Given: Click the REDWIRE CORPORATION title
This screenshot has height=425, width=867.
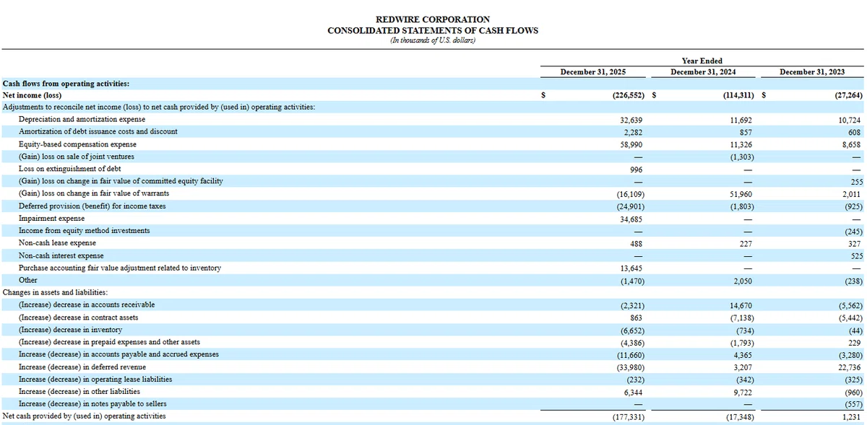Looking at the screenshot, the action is [x=433, y=19].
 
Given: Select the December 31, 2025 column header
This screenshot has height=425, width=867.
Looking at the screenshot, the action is [x=593, y=72].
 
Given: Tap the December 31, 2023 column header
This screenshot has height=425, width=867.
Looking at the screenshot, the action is [x=812, y=72].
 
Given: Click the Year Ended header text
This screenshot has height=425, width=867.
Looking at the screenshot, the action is [x=702, y=61].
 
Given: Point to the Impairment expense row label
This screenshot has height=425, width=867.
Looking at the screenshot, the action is [x=51, y=219].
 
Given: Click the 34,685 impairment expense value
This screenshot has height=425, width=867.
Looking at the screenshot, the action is [x=631, y=219].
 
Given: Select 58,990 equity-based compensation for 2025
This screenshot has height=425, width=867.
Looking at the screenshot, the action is [x=631, y=144].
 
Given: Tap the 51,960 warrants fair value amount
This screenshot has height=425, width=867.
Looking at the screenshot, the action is [x=741, y=194].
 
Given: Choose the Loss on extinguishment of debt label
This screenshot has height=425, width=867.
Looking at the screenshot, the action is [x=69, y=169].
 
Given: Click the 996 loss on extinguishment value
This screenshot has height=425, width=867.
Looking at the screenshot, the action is [x=636, y=170].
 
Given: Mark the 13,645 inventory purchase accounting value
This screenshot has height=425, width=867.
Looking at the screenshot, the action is [x=631, y=268].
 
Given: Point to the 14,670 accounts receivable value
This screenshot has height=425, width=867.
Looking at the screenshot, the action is [x=741, y=305].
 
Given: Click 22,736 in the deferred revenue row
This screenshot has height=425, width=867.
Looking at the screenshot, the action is [x=850, y=367].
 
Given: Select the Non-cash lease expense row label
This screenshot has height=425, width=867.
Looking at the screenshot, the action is [x=57, y=243].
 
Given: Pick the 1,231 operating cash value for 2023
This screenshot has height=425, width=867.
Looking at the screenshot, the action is [x=852, y=417].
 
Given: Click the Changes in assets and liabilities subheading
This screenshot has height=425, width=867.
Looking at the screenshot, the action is [x=56, y=292].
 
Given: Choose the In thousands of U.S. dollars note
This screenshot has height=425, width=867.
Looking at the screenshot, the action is [x=433, y=40].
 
